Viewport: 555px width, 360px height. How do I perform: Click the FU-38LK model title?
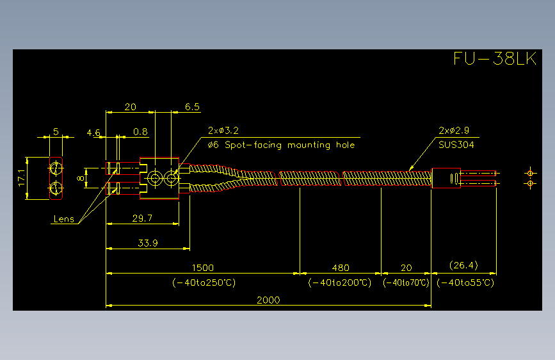495,58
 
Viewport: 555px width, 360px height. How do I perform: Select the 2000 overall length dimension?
268,300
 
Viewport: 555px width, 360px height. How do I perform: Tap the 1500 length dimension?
203,268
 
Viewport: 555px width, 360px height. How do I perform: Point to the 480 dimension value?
341,268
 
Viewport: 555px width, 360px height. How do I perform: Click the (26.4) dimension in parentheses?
463,265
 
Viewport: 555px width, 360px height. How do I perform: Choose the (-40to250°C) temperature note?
204,282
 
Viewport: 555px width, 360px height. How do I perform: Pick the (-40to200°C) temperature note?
340,282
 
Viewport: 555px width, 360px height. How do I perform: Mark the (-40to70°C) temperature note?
406,282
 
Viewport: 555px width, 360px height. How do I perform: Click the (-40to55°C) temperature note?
465,282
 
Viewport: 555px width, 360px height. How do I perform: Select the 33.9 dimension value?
148,243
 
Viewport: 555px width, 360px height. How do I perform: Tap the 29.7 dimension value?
142,218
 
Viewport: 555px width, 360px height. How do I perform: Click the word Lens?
64,219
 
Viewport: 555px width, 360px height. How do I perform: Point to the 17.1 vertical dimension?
22,178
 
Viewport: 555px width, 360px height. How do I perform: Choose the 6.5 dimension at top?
192,107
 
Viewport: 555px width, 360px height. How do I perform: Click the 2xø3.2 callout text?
223,131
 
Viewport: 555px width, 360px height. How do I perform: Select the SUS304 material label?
456,145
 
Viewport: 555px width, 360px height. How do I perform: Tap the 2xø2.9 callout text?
454,131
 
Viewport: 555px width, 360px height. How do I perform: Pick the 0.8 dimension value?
141,132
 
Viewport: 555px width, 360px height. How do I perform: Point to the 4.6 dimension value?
93,133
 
